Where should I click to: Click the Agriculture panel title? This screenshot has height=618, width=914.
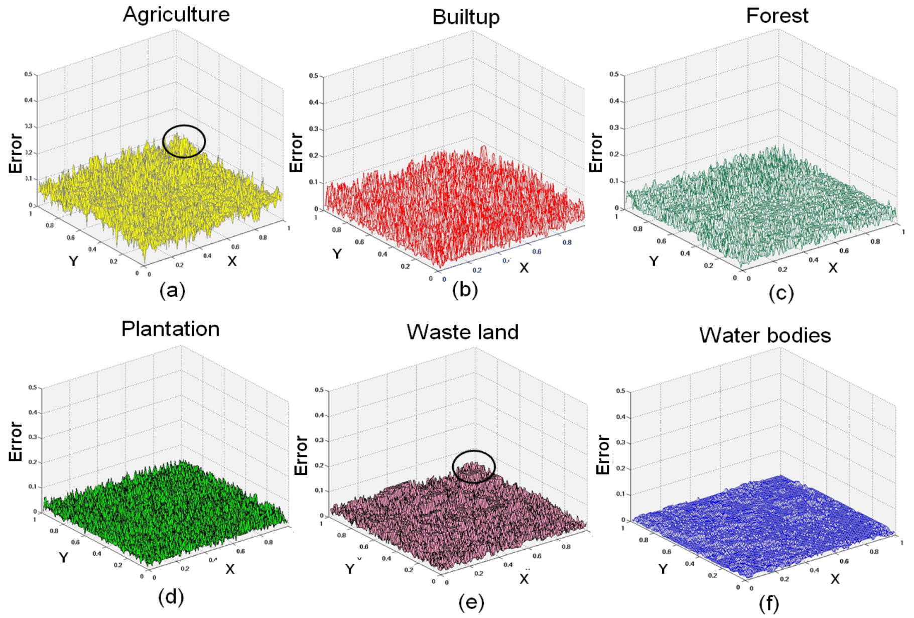(x=176, y=15)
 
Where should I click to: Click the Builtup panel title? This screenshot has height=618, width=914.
(x=466, y=17)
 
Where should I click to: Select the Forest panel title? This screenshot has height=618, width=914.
(x=777, y=16)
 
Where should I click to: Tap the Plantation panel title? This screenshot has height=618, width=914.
(x=171, y=329)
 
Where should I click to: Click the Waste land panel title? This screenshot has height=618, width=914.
(x=462, y=332)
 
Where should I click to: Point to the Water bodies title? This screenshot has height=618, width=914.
(x=765, y=335)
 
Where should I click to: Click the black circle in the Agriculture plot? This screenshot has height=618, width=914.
(x=184, y=142)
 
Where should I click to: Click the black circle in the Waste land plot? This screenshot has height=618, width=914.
(x=474, y=466)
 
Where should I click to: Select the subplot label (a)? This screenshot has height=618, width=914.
(x=172, y=290)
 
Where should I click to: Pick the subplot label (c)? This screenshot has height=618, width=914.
(x=781, y=293)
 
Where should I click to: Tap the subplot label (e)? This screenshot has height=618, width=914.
(x=471, y=602)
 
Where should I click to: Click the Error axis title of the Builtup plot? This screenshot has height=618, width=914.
(x=297, y=153)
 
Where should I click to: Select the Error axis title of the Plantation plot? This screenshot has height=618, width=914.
(x=16, y=441)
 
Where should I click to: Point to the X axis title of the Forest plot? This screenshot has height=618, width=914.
(x=833, y=268)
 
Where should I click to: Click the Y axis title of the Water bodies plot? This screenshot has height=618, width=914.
(x=663, y=569)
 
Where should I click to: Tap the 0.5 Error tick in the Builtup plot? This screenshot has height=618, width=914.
(x=313, y=76)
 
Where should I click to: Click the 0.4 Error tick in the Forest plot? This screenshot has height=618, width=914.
(x=613, y=101)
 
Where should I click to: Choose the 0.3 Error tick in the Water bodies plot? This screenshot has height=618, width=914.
(x=620, y=442)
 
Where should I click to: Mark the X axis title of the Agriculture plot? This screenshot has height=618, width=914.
(x=232, y=261)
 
